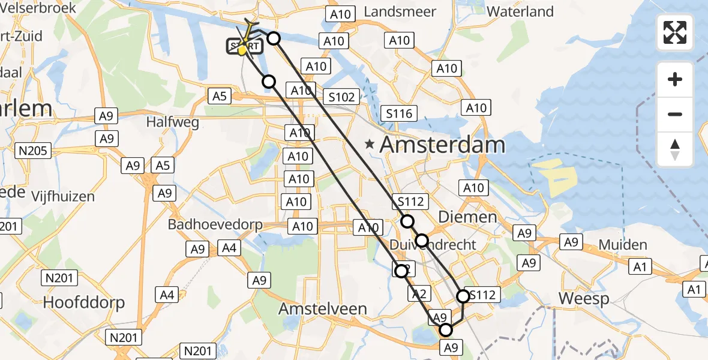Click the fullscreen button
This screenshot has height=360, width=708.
point(675,32)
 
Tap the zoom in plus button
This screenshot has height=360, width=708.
point(675,79)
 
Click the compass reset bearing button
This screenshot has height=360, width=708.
point(675,149)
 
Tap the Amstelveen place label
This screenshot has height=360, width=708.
point(323,309)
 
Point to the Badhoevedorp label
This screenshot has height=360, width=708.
point(215,225)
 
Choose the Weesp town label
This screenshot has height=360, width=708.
point(584,298)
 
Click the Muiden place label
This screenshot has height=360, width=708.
point(623,245)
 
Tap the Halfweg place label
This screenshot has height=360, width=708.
point(173,122)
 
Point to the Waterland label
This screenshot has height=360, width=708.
point(520,11)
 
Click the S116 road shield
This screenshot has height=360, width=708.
point(399,113)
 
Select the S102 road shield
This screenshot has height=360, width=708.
point(341,97)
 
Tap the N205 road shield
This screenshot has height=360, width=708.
point(35,150)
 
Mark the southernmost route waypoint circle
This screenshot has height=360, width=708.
point(446,330)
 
